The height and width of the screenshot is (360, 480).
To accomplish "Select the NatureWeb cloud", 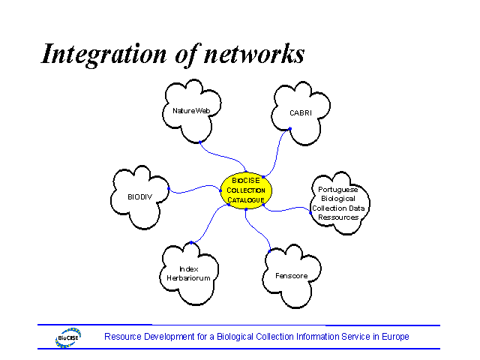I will pos(191,111).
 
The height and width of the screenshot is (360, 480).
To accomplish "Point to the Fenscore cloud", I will pos(291,276).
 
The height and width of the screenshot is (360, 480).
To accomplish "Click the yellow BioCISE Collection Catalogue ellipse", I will pos(246,190).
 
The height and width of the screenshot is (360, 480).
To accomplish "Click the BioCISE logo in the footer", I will pos(68,338).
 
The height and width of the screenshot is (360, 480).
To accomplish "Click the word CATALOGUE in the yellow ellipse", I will pos(246,200).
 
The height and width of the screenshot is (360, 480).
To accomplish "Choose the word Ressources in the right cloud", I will pos(338,217).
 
